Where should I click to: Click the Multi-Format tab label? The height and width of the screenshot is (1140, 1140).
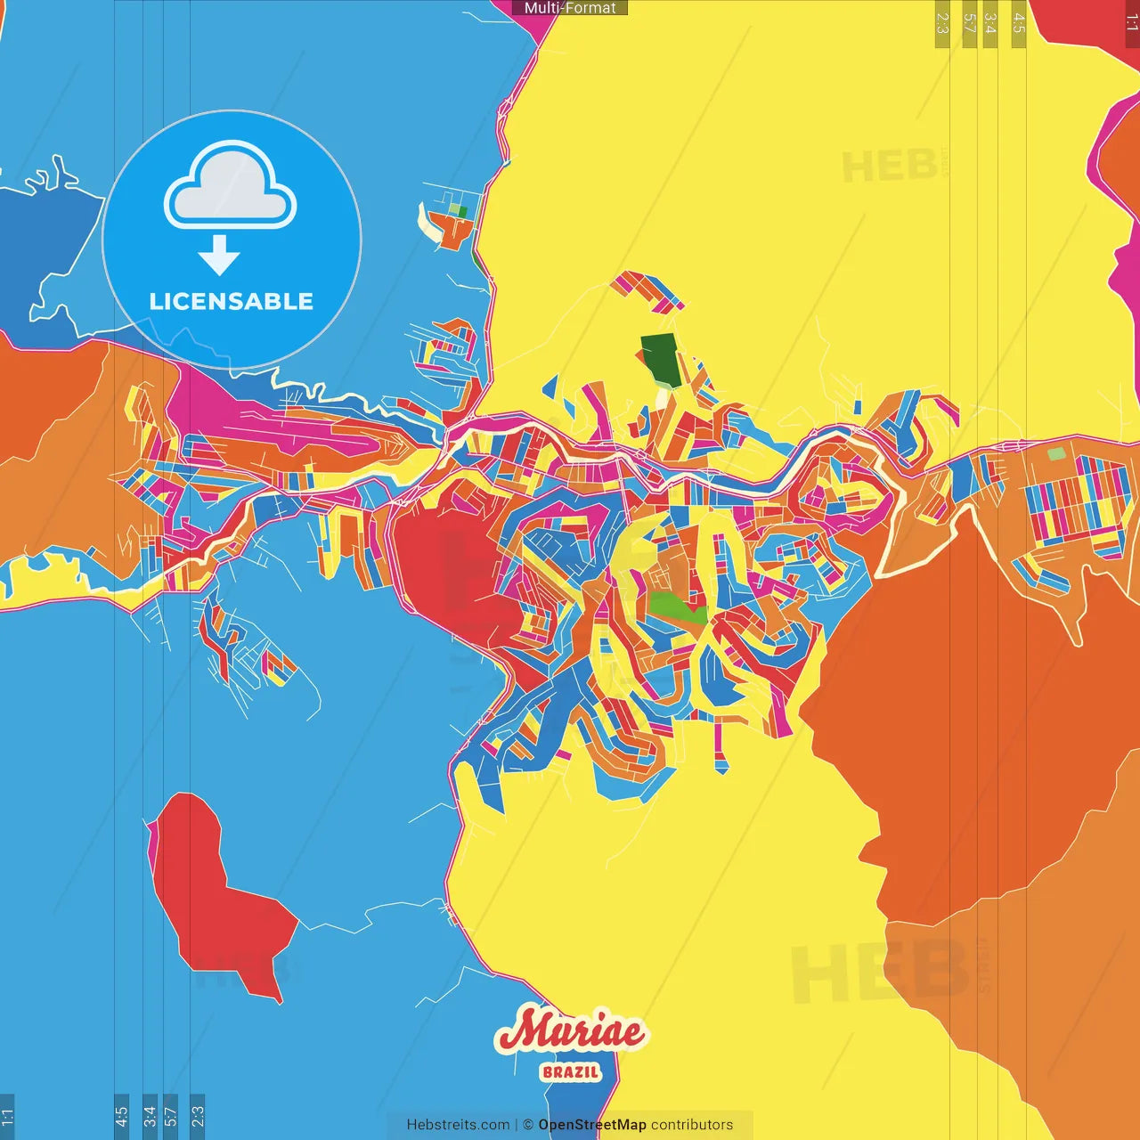[x=570, y=8]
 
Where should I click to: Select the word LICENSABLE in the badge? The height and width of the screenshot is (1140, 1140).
[x=232, y=302]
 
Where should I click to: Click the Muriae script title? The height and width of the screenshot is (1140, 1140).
[x=571, y=1031]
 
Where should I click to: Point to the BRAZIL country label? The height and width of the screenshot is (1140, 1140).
[x=571, y=1071]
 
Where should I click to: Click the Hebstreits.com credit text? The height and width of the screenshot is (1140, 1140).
[x=458, y=1125]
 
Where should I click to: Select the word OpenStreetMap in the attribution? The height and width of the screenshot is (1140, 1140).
[x=592, y=1125]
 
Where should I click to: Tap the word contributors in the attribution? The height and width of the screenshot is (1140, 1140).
[x=692, y=1125]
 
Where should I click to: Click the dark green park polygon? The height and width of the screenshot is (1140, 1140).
[x=661, y=360]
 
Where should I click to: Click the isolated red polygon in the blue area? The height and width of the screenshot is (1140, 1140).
[x=214, y=891]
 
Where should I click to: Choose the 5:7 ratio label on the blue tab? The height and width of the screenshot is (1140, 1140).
[x=171, y=1115]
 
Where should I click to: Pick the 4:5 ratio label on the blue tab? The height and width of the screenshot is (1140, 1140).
[x=121, y=1115]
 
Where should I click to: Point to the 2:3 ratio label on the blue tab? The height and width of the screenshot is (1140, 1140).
[x=197, y=1115]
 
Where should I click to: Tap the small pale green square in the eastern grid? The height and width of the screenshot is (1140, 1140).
[x=1055, y=454]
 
